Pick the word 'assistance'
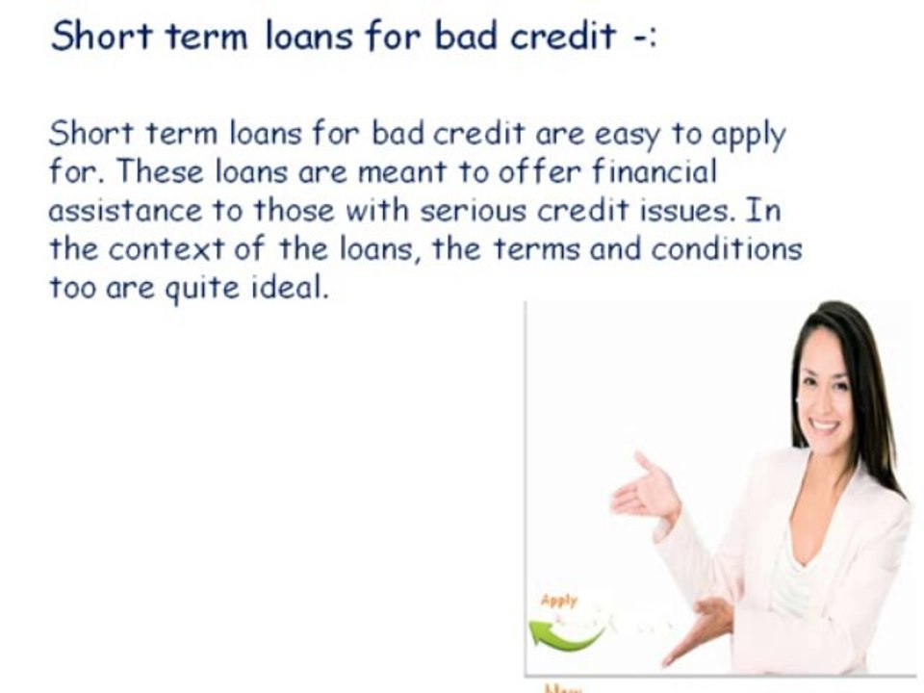pyautogui.click(x=126, y=210)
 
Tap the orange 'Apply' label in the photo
pyautogui.click(x=559, y=601)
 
